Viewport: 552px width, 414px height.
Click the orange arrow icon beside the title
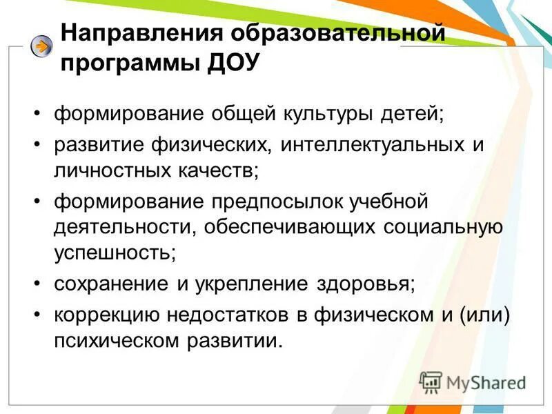tap(42, 47)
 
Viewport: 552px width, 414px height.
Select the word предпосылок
tap(273, 202)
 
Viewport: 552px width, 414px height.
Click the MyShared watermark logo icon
tap(431, 382)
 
